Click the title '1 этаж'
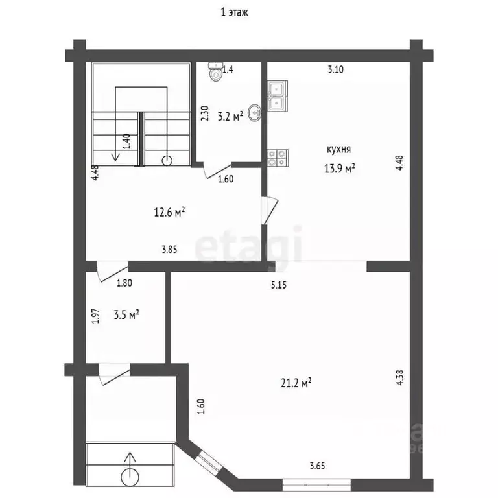point(234,12)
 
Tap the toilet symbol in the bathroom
point(216,71)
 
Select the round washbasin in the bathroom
point(255,113)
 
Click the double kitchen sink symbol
point(278,96)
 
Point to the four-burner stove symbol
point(278,158)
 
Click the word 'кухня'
point(338,149)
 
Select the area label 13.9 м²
point(339,168)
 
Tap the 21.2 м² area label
point(296,383)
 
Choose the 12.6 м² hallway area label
point(169,212)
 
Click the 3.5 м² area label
point(126,314)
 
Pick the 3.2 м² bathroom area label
point(230,116)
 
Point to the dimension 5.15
point(279,285)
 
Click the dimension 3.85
point(169,249)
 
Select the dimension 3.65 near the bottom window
point(317,466)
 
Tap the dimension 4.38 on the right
point(400,377)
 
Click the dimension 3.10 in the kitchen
point(335,69)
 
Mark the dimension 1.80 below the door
point(124,283)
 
